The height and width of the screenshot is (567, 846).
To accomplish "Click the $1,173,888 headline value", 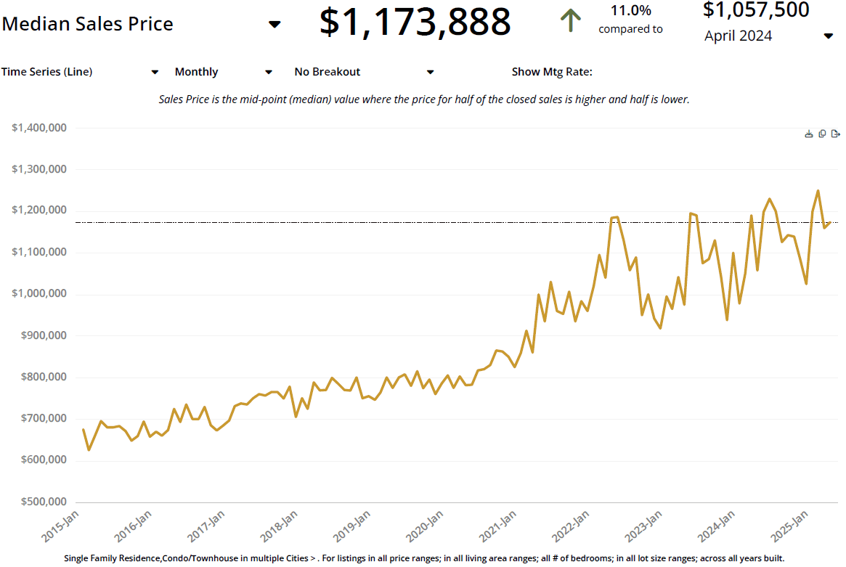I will [x=415, y=22].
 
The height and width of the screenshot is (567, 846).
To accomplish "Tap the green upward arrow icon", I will [x=571, y=20].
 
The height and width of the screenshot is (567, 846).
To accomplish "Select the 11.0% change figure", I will [x=630, y=11].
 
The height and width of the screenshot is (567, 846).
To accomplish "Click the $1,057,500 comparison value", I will [x=756, y=10].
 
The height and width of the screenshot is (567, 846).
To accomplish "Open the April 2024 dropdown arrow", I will [x=828, y=36].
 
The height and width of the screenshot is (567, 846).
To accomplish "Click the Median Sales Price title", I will [x=88, y=24].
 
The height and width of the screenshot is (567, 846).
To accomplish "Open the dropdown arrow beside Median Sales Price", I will [x=274, y=25].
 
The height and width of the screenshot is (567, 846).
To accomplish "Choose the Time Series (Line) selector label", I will [x=46, y=72].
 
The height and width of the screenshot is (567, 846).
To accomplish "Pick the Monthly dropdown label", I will [x=196, y=72].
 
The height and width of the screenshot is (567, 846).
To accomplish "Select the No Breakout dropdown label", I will [x=327, y=72].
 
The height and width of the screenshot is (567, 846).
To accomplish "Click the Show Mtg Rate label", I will [x=552, y=72].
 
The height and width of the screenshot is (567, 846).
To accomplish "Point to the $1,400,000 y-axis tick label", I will [x=40, y=128].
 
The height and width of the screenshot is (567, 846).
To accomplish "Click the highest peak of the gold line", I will [x=818, y=191].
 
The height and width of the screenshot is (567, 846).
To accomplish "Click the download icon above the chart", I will [x=809, y=134].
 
